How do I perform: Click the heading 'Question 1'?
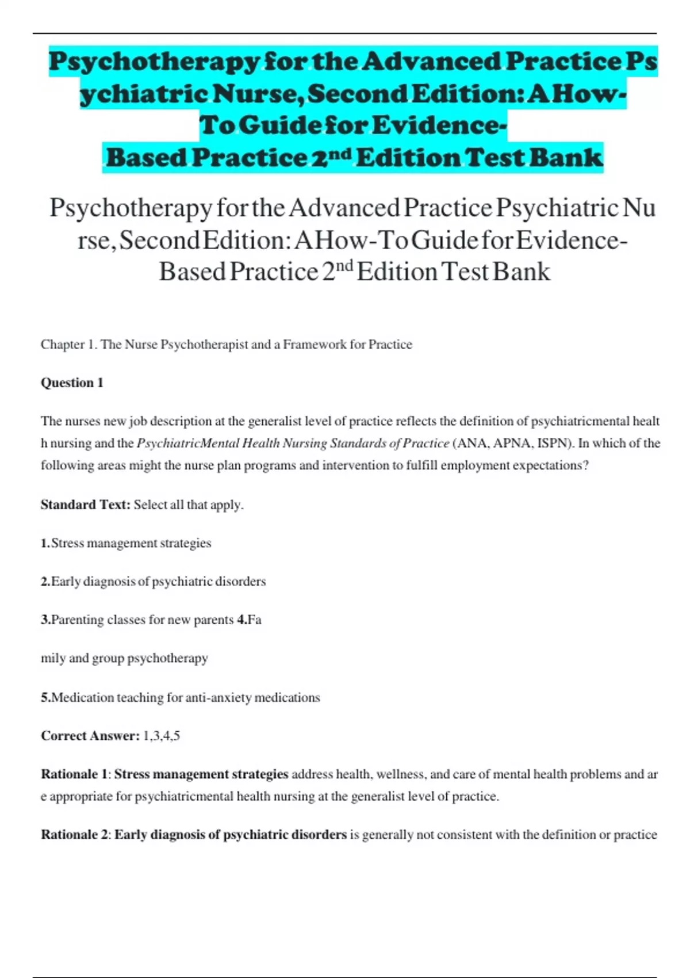point(72,383)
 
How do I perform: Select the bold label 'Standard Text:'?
point(86,505)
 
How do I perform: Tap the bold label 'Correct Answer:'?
point(90,736)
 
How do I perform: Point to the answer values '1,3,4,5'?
point(162,736)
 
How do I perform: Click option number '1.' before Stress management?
point(46,544)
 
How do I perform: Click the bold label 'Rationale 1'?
point(74,774)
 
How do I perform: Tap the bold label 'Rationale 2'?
point(74,835)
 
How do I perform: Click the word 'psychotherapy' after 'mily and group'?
point(167,658)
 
